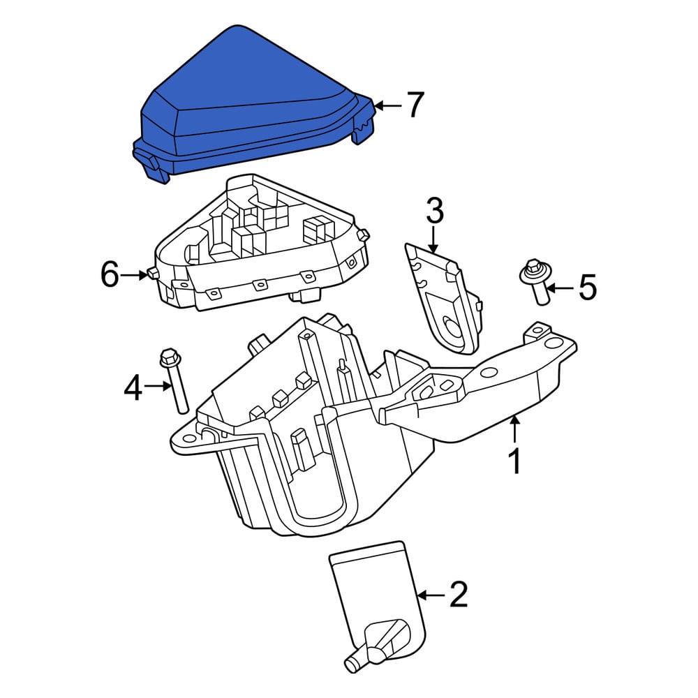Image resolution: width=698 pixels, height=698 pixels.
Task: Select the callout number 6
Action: coord(110,274)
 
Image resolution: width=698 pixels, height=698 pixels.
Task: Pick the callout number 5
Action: coord(587,287)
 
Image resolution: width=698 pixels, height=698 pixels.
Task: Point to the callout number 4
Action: coord(133,387)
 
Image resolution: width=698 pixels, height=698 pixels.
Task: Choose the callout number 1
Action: coord(514,461)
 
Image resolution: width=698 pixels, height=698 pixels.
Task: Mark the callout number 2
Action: coord(459,594)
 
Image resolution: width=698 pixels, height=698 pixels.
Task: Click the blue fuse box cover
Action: coord(254,105)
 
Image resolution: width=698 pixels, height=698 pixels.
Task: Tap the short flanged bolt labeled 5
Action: coord(537,281)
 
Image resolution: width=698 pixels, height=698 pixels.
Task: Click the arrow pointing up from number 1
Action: coord(514,429)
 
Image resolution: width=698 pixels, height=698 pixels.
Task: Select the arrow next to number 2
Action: coord(431,595)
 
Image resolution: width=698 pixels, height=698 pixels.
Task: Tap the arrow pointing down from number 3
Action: coord(433,240)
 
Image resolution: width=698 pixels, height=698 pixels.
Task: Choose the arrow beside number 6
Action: coord(134,275)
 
